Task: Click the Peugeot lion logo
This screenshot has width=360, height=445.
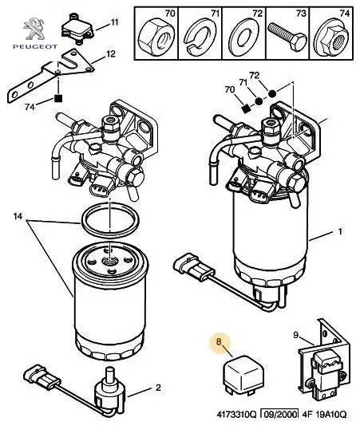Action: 34,29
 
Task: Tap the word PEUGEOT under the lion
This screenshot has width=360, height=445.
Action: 35,46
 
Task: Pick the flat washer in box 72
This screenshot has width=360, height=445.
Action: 243,36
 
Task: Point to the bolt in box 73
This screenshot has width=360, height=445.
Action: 287,37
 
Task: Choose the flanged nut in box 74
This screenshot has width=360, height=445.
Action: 332,37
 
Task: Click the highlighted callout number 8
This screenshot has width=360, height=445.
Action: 219,341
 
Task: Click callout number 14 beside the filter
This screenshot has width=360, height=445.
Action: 18,217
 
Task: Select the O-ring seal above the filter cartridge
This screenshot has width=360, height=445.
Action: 110,220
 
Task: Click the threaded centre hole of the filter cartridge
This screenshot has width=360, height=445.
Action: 109,260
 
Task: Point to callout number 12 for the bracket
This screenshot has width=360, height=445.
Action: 111,53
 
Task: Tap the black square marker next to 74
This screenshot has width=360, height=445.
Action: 58,98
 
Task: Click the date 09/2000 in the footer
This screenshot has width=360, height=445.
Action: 280,415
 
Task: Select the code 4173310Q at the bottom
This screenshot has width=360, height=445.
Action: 236,415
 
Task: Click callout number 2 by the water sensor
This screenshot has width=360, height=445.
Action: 158,388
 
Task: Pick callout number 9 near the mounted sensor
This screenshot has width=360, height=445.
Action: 296,335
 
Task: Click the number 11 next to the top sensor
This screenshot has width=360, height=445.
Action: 114,22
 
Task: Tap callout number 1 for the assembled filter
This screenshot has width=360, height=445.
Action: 340,231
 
